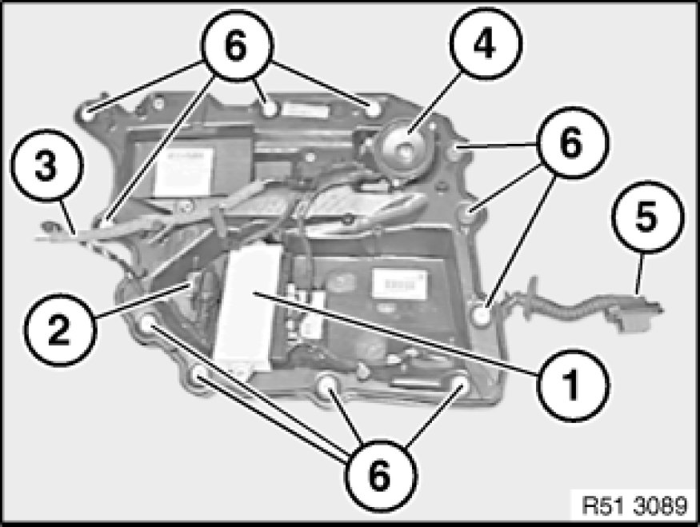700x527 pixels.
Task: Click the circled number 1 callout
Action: coord(572,385)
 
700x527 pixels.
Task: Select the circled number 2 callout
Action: coord(59,329)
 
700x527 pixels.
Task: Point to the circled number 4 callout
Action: coord(485,44)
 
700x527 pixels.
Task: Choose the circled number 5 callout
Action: coord(647,218)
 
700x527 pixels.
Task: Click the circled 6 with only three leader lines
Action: coord(572,143)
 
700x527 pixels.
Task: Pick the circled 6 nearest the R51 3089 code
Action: coord(380,476)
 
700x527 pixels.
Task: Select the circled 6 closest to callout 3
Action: coord(237,45)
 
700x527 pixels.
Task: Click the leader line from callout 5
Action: coord(640,273)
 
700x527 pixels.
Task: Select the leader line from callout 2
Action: coord(142,301)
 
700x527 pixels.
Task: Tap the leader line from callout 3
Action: coord(68,217)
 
